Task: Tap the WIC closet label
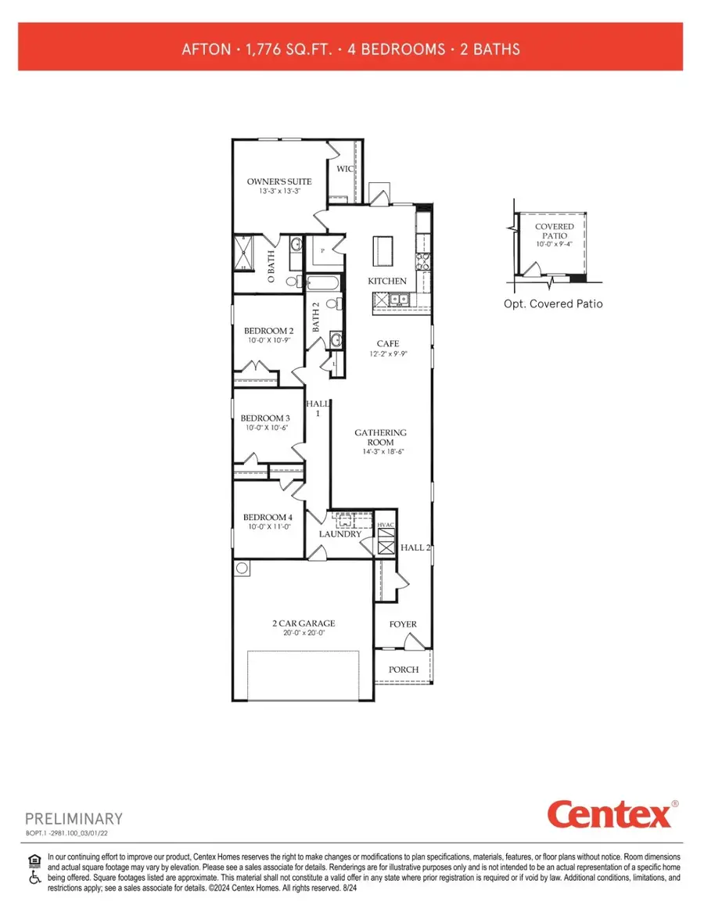pyautogui.click(x=344, y=169)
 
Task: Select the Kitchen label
pyautogui.click(x=387, y=281)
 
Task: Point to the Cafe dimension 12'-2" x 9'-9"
pyautogui.click(x=388, y=354)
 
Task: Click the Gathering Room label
pyautogui.click(x=381, y=437)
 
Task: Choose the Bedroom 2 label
pyautogui.click(x=268, y=331)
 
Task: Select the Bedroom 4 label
pyautogui.click(x=268, y=517)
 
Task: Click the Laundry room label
pyautogui.click(x=340, y=534)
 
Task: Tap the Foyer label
pyautogui.click(x=403, y=624)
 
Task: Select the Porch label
pyautogui.click(x=404, y=670)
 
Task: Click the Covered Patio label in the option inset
pyautogui.click(x=554, y=231)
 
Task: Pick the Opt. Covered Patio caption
pyautogui.click(x=553, y=303)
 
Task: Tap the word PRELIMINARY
pyautogui.click(x=74, y=819)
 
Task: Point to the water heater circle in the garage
pyautogui.click(x=242, y=569)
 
